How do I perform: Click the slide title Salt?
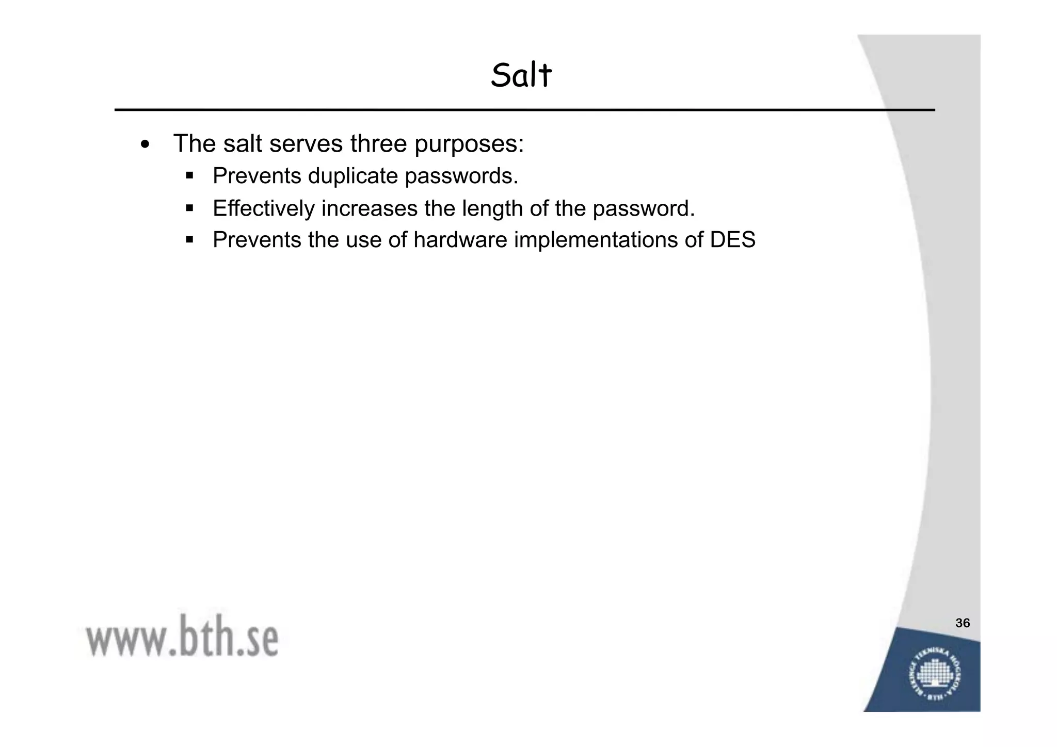click(x=521, y=75)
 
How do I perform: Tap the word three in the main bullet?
click(x=379, y=143)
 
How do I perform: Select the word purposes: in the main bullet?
click(x=469, y=144)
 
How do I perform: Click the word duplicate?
click(x=353, y=176)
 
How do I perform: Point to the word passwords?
click(x=461, y=176)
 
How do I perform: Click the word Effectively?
click(x=263, y=208)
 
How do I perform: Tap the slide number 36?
click(x=963, y=623)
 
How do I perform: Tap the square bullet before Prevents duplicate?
click(x=189, y=176)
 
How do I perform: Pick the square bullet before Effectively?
click(x=189, y=208)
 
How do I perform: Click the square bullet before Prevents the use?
click(x=189, y=240)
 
